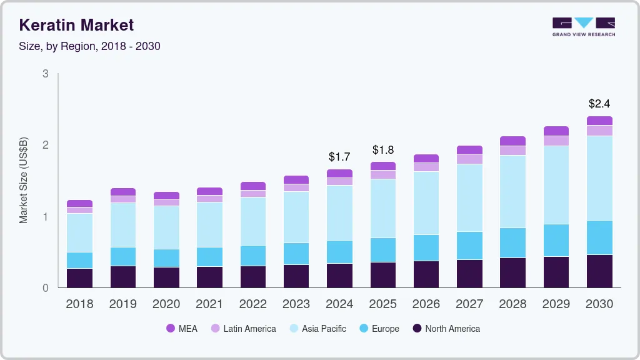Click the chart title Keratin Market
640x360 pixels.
pos(76,25)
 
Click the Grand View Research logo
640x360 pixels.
pos(583,27)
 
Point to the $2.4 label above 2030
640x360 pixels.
pos(599,104)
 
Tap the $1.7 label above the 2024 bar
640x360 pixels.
pos(339,156)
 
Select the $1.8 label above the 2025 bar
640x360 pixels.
pos(382,150)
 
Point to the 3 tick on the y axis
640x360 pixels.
pos(45,74)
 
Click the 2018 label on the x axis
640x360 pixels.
pos(79,304)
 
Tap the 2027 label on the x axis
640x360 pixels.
pos(469,304)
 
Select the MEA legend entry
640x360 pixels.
pos(182,329)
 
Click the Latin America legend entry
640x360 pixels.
pos(243,329)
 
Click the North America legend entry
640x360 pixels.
pos(446,329)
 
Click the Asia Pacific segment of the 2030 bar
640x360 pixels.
pos(599,178)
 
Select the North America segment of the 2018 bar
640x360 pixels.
pos(79,278)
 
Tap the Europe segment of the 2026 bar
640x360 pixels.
pos(426,248)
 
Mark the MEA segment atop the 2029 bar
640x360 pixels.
pos(556,131)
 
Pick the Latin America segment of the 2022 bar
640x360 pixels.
pos(252,194)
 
